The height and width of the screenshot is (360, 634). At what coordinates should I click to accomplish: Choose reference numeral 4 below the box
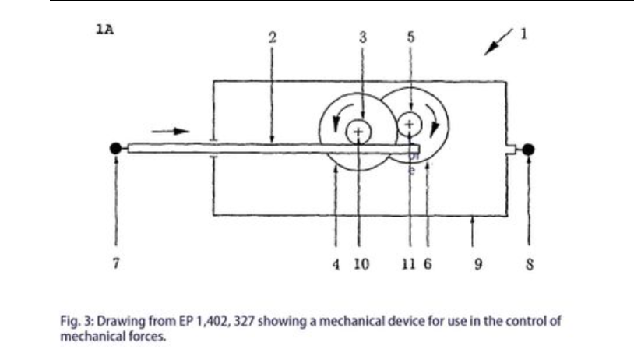click(335, 263)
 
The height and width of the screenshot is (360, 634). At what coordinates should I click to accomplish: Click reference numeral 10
click(361, 263)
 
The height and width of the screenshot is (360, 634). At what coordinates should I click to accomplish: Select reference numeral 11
click(407, 263)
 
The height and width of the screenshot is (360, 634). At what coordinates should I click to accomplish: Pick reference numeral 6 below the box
click(428, 263)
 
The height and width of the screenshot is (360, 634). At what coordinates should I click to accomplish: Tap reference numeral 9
click(479, 263)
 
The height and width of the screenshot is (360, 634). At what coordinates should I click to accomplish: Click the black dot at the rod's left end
click(116, 148)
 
